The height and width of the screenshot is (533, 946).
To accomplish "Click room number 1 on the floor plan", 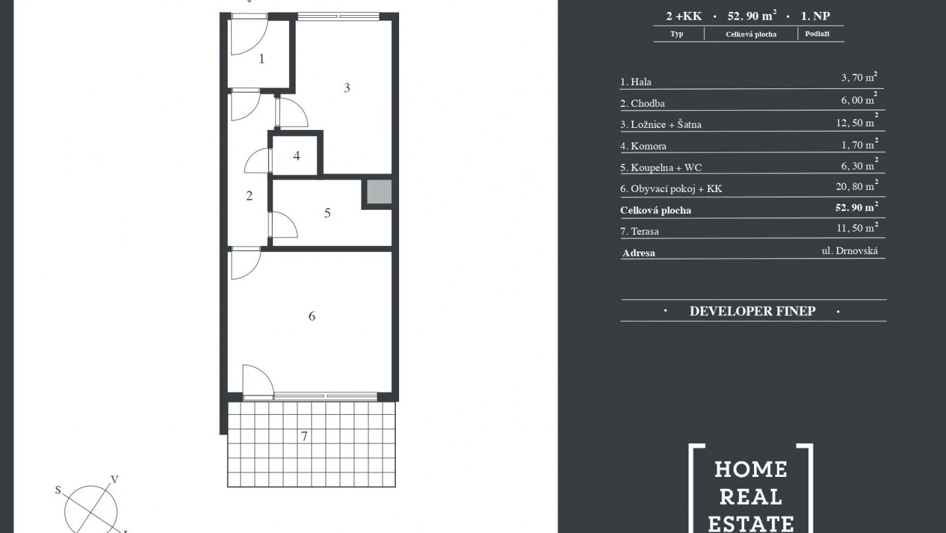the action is [262, 59].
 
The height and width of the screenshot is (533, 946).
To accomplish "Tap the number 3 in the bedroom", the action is [347, 88].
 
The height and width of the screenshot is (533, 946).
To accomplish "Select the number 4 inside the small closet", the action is [296, 156].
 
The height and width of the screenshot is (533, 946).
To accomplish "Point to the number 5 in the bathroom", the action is [327, 213].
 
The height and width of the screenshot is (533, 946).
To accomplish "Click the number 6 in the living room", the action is [311, 316].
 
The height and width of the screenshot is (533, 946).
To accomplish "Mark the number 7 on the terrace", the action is [304, 436].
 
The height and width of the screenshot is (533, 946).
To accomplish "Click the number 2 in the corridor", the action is [249, 195].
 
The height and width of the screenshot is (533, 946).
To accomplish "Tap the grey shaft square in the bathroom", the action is [379, 192].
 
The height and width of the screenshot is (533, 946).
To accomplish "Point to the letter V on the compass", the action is [114, 480].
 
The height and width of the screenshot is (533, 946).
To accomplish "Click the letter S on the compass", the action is [58, 490].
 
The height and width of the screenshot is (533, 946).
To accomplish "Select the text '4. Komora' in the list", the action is [643, 146].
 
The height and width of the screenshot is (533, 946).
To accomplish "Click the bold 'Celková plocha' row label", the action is [656, 210].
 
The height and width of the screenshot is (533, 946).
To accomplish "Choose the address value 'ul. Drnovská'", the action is [850, 251].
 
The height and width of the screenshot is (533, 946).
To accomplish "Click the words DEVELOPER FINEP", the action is [753, 311].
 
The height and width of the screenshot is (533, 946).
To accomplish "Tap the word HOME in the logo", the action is [751, 470].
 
